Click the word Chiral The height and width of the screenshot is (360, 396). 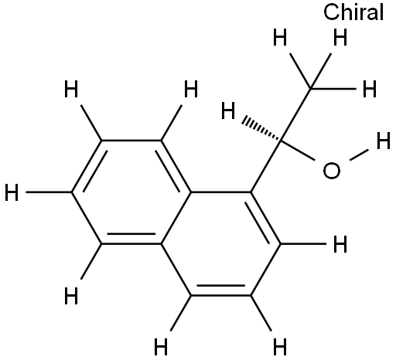click(353, 12)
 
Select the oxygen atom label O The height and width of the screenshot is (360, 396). click(332, 171)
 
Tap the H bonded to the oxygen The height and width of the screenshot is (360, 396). click(384, 141)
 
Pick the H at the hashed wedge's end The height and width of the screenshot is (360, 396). click(228, 110)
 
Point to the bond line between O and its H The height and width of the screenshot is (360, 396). click(359, 155)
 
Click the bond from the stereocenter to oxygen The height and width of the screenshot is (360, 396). click(298, 151)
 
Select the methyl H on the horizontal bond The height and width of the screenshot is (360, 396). click(370, 89)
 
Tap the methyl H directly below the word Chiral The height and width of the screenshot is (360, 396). click(340, 37)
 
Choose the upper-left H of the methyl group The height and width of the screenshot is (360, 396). click(280, 37)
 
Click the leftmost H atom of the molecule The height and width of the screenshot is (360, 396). click(12, 192)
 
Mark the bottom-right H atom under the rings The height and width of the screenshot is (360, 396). click(280, 347)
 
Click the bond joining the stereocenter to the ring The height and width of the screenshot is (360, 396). click(266, 166)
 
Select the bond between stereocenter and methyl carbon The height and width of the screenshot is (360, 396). click(295, 115)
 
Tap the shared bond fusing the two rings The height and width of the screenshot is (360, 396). click(176, 218)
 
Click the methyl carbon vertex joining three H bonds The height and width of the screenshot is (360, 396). click(311, 89)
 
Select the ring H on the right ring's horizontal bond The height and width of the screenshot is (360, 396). click(340, 243)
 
